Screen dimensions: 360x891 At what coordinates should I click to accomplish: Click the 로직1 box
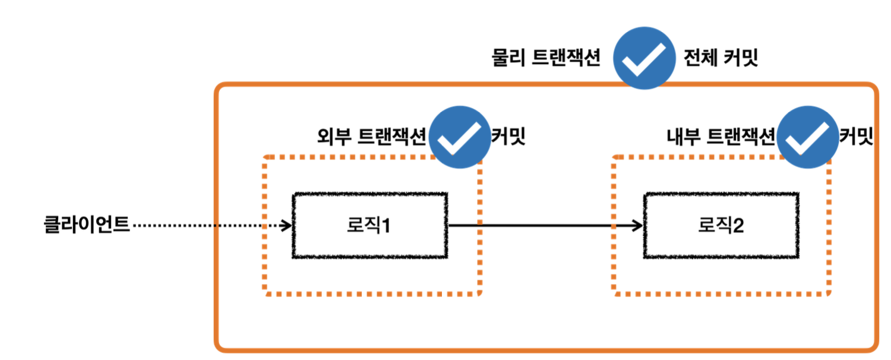point(369,225)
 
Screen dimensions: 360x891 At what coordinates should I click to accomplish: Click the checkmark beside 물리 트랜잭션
point(644,58)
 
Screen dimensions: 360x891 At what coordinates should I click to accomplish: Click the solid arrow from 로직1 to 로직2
point(544,226)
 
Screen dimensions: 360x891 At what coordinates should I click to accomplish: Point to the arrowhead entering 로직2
point(638,226)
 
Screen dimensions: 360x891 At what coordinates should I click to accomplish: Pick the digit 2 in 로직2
point(738,226)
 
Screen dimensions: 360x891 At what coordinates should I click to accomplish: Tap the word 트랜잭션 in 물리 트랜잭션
point(564,58)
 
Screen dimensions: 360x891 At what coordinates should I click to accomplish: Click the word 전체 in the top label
point(700,58)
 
